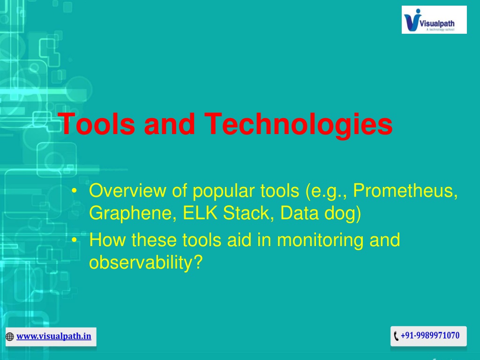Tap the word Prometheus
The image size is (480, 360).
pyautogui.click(x=405, y=190)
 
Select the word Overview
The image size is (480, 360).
pyautogui.click(x=127, y=190)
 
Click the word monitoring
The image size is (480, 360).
pyautogui.click(x=320, y=240)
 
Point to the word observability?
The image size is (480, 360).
pyautogui.click(x=146, y=262)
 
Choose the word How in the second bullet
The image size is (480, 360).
pyautogui.click(x=107, y=240)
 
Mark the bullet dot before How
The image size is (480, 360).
pyautogui.click(x=74, y=240)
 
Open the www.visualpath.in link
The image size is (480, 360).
pyautogui.click(x=54, y=336)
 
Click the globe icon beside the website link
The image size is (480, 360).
pyautogui.click(x=10, y=337)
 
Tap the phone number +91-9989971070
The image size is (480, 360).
pyautogui.click(x=430, y=336)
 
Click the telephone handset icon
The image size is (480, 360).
pyautogui.click(x=396, y=336)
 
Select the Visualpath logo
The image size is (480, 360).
pyautogui.click(x=434, y=20)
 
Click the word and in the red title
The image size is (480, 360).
pyautogui.click(x=169, y=124)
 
